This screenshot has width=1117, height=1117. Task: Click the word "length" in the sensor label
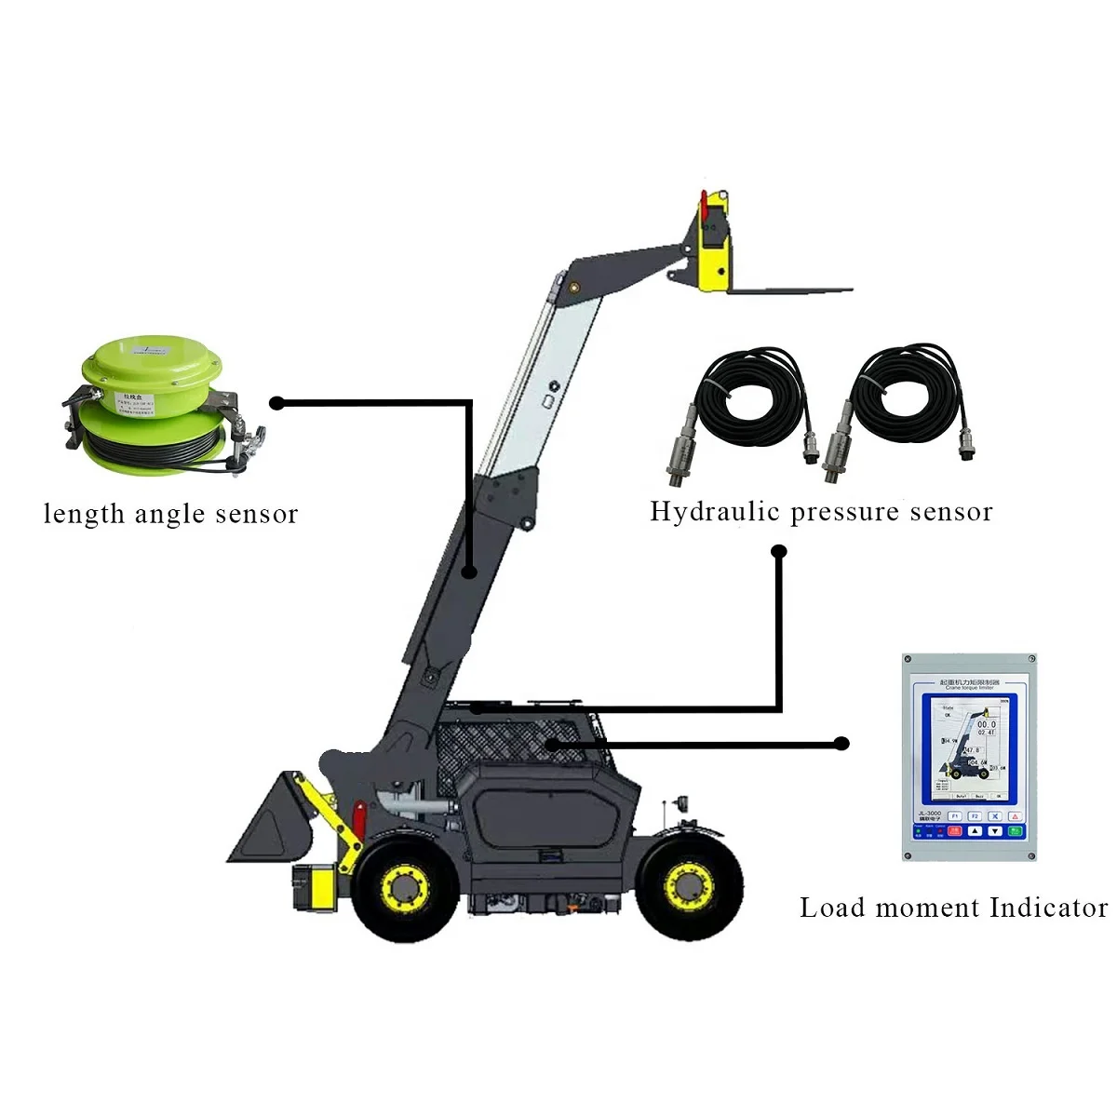pos(84,514)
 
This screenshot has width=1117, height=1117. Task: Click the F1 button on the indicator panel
pos(954,815)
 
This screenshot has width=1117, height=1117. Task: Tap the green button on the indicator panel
pos(1015,830)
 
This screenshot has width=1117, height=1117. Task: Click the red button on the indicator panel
pos(1015,815)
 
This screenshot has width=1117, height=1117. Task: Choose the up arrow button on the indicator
pos(975,830)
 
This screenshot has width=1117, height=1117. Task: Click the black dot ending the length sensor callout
pos(276,403)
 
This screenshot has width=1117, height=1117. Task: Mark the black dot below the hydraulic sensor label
pos(780,552)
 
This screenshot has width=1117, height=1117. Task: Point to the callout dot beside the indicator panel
pos(842,744)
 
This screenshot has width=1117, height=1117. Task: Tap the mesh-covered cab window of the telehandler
pos(503,740)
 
